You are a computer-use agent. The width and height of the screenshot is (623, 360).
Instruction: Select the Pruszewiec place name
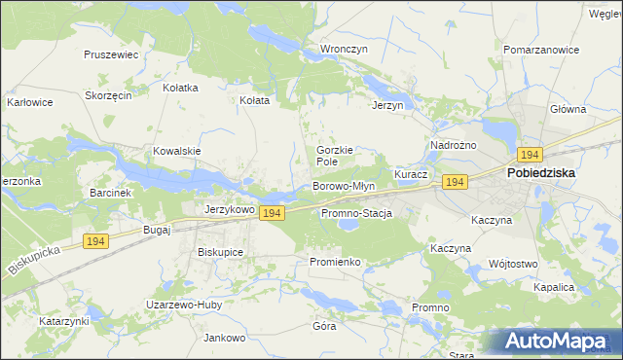coord(111,55)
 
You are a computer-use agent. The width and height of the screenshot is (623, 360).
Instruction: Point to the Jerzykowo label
coord(230,209)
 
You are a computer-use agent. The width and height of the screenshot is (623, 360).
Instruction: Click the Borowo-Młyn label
coord(343,186)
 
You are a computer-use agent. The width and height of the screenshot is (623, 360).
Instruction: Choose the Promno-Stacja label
coord(355,213)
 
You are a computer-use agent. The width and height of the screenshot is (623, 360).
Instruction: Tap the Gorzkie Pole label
coord(333,156)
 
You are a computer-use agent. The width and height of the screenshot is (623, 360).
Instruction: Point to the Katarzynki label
coord(64,320)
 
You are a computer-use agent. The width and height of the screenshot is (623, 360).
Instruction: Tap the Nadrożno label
coord(453,145)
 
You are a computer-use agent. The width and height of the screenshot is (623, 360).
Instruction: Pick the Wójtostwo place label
coord(513,264)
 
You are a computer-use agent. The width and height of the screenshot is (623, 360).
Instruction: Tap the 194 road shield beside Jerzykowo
coord(273,212)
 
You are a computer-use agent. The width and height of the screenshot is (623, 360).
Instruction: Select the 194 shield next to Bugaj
coord(94,241)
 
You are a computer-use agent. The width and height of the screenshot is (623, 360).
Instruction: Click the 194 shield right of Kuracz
coord(454,182)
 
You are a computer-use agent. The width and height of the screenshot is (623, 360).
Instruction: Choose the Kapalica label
coord(554,288)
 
